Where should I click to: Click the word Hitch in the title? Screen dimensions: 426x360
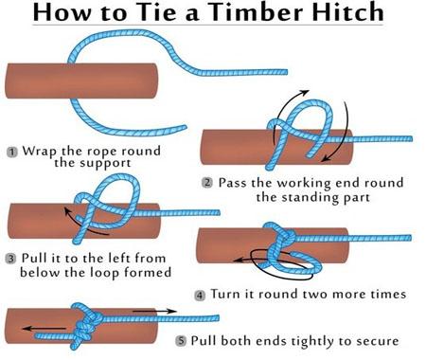pyautogui.click(x=344, y=11)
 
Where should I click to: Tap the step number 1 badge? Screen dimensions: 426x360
pyautogui.click(x=12, y=152)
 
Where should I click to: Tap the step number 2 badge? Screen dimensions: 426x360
pyautogui.click(x=207, y=183)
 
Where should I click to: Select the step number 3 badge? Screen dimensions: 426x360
pyautogui.click(x=10, y=259)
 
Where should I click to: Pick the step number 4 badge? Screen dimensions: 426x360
pyautogui.click(x=200, y=296)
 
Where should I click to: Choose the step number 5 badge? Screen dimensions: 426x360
pyautogui.click(x=181, y=341)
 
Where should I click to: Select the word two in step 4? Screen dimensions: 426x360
pyautogui.click(x=315, y=295)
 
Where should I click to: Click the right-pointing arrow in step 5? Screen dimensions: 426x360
pyautogui.click(x=154, y=312)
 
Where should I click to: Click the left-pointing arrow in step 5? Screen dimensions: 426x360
pyautogui.click(x=44, y=329)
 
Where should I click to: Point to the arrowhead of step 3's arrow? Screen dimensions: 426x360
pyautogui.click(x=67, y=211)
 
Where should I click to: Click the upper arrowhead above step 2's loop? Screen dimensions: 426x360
pyautogui.click(x=305, y=93)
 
